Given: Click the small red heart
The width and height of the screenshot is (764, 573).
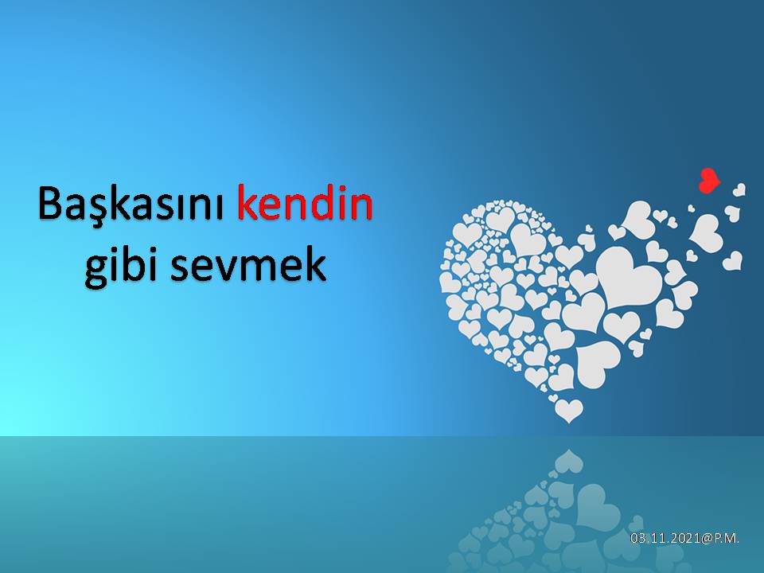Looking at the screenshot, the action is [708, 181].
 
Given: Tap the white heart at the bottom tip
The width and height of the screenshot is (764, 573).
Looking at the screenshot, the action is [568, 411].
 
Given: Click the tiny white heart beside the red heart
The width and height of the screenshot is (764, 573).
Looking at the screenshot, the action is [739, 190].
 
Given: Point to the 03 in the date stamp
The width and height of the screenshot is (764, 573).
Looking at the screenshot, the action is [637, 539].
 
